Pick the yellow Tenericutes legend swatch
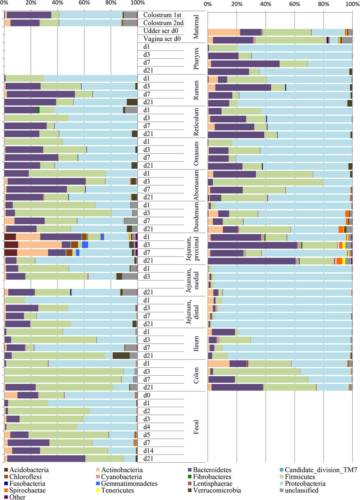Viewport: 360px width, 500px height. pos(98,490)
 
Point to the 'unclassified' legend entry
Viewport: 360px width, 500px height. pos(300,490)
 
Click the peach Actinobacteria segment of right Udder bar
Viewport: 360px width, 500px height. pos(224,32)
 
